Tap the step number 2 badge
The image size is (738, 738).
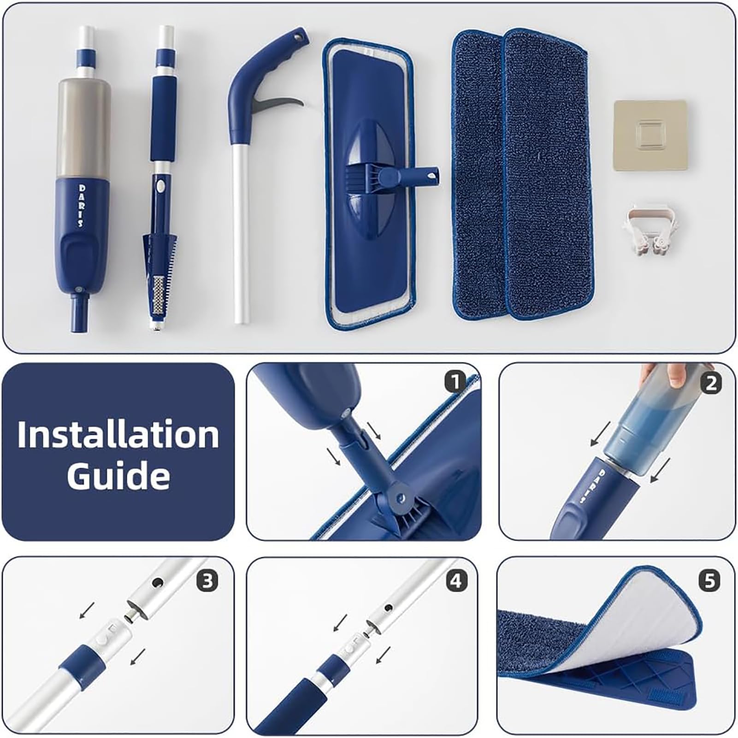pyautogui.click(x=710, y=383)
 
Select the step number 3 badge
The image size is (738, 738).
pyautogui.click(x=207, y=581)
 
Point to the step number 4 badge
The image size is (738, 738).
pyautogui.click(x=455, y=581)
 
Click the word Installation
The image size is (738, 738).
pyautogui.click(x=118, y=434)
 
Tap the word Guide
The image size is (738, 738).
pyautogui.click(x=118, y=476)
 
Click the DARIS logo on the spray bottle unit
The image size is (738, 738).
pyautogui.click(x=82, y=206)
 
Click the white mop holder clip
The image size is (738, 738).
pyautogui.click(x=652, y=225)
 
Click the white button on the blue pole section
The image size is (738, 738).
pyautogui.click(x=160, y=187)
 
